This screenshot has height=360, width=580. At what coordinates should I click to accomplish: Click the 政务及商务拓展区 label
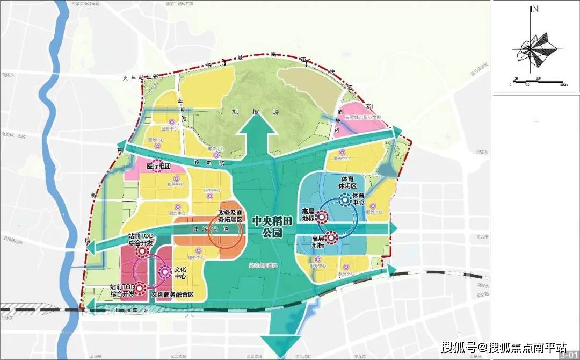click(x=230, y=216)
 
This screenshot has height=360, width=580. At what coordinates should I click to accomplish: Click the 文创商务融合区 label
click(x=172, y=294)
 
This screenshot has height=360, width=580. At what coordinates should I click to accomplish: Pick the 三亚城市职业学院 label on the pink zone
click(x=363, y=117)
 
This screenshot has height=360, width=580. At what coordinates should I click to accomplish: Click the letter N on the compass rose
click(x=534, y=9)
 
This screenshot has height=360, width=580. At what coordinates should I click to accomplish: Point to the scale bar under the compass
click(x=538, y=83)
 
